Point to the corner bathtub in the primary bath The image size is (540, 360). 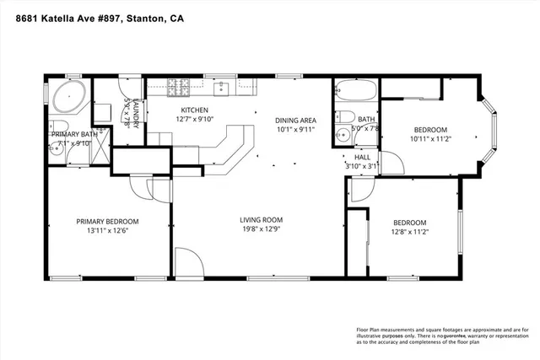(x=65, y=98)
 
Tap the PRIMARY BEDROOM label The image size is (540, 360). (x=107, y=222)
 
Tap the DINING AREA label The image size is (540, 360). (x=297, y=120)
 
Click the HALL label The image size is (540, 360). (x=362, y=157)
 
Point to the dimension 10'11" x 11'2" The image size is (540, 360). (x=433, y=139)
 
